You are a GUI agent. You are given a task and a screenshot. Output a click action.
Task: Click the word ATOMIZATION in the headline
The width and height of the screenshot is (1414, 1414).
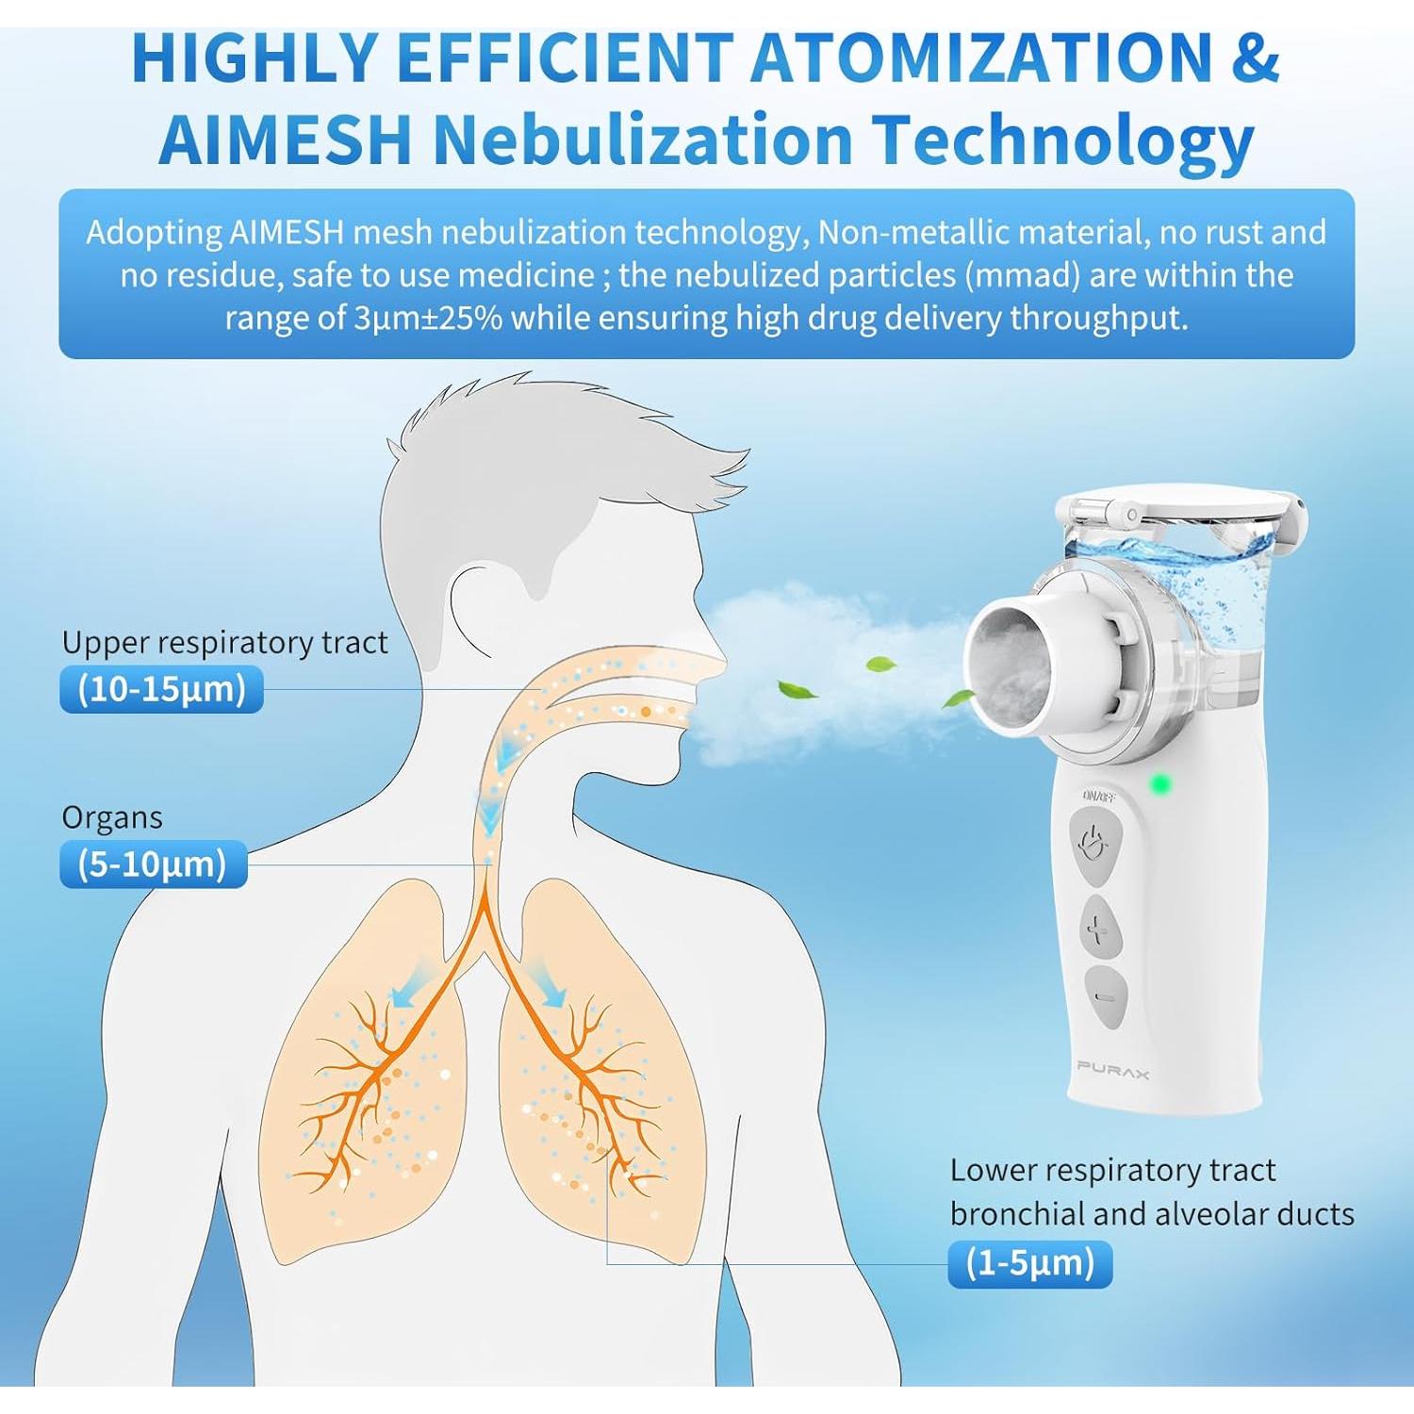click(980, 58)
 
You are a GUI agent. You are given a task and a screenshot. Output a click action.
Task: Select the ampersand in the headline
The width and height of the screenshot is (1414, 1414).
click(1255, 58)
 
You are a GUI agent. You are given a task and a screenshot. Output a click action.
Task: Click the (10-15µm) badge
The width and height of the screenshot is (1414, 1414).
click(161, 689)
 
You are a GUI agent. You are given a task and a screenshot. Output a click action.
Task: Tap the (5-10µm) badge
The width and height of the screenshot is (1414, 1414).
click(153, 864)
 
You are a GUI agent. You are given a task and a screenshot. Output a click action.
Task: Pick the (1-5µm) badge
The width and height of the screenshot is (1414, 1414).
click(1029, 1263)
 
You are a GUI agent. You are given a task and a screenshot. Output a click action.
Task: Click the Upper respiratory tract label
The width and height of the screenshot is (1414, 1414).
click(224, 643)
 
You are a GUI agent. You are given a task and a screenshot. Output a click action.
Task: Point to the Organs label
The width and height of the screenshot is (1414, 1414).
click(112, 818)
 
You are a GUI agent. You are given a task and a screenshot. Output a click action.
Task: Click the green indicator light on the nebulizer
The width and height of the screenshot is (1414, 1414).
click(1160, 783)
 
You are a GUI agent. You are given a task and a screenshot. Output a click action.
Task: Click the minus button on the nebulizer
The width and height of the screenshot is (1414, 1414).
click(1105, 996)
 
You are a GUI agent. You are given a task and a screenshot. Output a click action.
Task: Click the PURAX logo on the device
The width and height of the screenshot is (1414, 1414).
click(1112, 1069)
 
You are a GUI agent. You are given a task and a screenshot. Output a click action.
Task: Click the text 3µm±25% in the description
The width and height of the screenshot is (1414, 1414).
click(428, 319)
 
